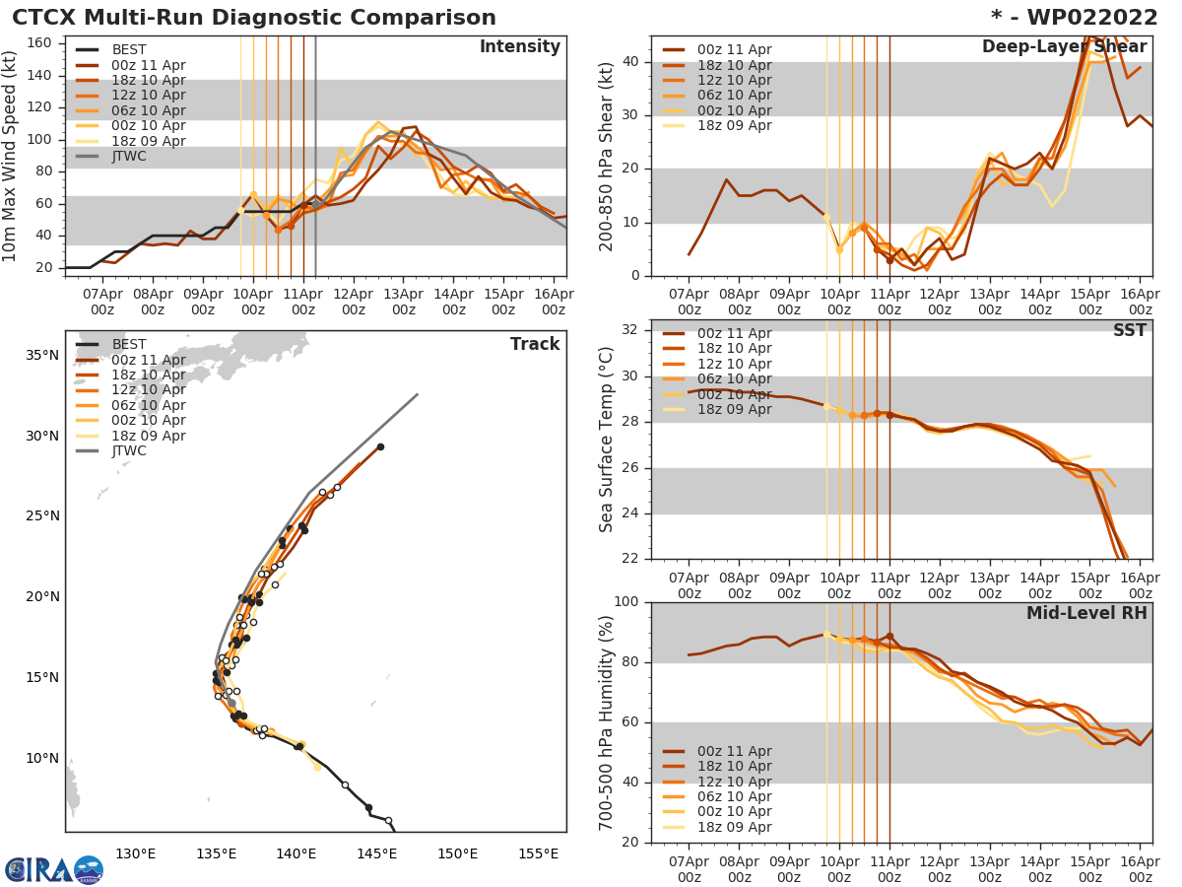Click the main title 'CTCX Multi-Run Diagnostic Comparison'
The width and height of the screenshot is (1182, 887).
click(254, 18)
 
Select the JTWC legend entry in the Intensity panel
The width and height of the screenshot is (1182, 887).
click(129, 156)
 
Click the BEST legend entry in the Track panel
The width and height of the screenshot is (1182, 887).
click(129, 345)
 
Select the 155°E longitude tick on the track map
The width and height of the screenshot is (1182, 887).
click(538, 853)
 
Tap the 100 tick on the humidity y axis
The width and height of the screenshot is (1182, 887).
click(625, 602)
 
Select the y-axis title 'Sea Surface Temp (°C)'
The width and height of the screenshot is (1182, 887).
click(607, 440)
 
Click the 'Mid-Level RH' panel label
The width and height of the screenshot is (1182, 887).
click(1085, 614)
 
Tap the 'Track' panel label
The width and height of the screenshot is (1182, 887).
click(534, 344)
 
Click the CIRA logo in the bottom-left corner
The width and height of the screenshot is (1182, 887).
click(54, 869)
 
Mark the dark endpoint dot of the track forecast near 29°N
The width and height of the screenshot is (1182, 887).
click(380, 446)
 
